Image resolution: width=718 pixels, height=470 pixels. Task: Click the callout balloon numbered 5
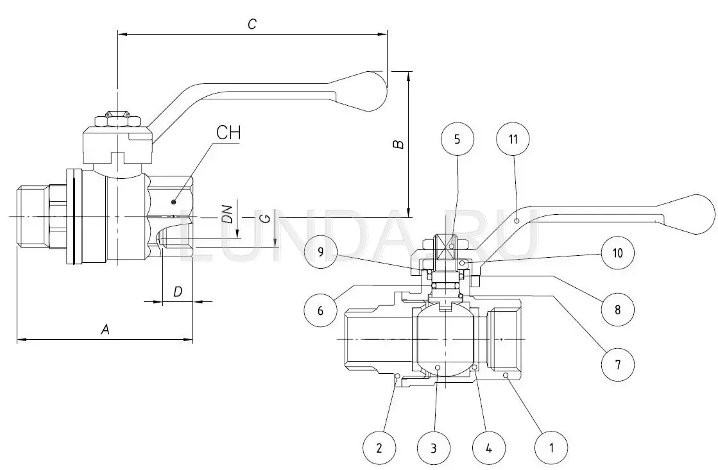457,140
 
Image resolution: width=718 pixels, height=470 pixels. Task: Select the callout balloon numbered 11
517,140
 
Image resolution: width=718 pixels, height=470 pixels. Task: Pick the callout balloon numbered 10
617,252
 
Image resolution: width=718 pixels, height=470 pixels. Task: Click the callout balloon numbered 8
617,309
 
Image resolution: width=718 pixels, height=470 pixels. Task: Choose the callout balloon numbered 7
617,365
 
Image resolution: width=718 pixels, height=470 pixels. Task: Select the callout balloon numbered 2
379,447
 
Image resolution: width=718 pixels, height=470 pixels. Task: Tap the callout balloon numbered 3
434,447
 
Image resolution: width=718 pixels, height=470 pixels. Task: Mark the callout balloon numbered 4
489,447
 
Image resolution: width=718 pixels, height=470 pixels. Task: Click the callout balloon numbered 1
551,447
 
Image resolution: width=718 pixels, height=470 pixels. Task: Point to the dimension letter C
252,24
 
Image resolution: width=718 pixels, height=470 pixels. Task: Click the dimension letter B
398,144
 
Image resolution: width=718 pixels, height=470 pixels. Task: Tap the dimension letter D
178,292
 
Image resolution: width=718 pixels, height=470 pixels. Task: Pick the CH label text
228,133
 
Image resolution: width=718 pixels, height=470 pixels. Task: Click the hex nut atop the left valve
117,121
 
